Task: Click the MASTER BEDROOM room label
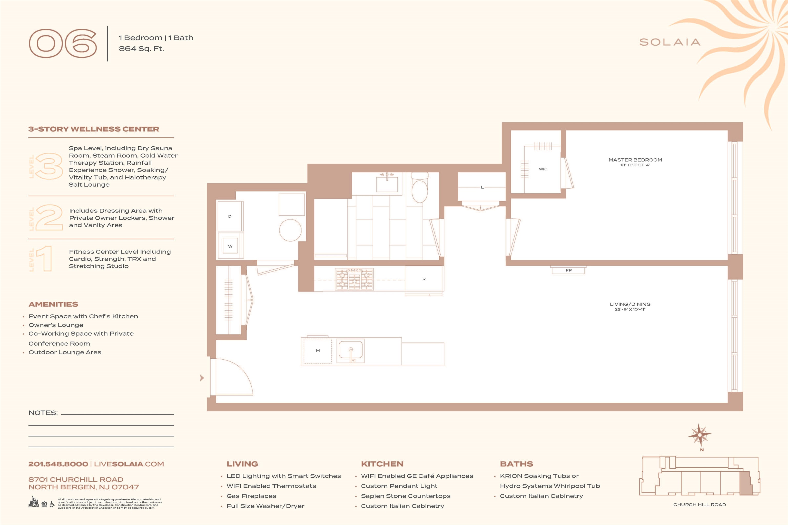[635, 160]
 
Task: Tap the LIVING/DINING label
[630, 304]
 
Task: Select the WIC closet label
[543, 169]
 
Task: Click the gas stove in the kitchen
[354, 279]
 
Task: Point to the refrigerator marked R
[424, 279]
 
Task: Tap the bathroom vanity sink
[387, 184]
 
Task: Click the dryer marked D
[230, 216]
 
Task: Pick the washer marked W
[230, 246]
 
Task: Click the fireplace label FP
[568, 270]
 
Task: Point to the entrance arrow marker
[202, 378]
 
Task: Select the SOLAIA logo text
[670, 42]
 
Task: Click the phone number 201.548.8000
[58, 464]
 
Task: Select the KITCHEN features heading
[382, 464]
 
